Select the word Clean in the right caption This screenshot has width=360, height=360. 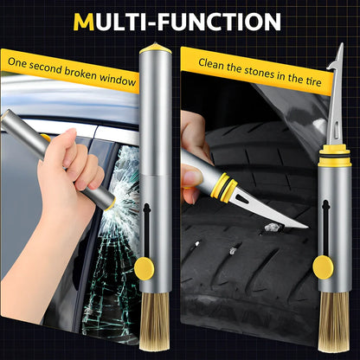(212, 63)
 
